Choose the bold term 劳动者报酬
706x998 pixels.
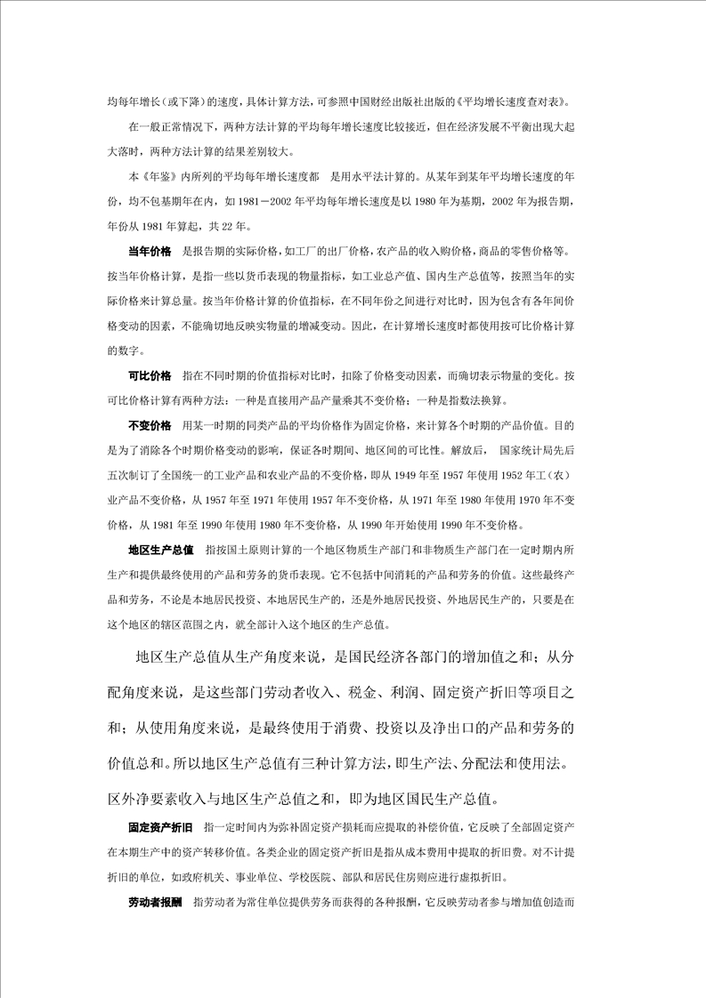coord(155,901)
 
